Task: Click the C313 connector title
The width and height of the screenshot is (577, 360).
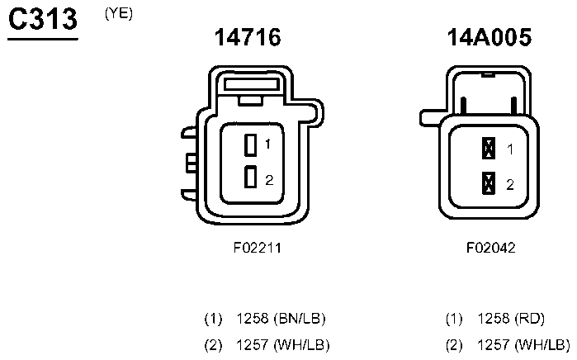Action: coord(43,19)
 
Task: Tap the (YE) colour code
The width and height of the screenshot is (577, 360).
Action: coord(119,13)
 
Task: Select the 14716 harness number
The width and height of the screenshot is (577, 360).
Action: coord(248,37)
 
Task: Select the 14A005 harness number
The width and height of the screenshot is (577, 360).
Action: coord(489,37)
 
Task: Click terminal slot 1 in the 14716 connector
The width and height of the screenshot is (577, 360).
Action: coord(251,144)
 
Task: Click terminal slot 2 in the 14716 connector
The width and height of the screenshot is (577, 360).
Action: coord(251,177)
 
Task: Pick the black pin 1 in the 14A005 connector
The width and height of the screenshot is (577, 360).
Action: coord(489,148)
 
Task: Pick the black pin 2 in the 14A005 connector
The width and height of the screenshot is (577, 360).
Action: coord(489,183)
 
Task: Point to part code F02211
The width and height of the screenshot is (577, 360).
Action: coord(258,248)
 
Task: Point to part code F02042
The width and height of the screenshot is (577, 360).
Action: coord(490,248)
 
